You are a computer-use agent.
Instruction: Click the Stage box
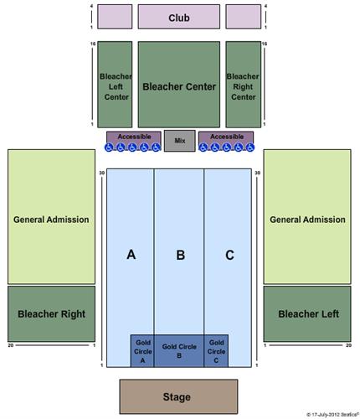[x=178, y=396]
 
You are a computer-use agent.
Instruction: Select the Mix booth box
[x=180, y=141]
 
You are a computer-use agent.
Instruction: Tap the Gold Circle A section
[x=142, y=351]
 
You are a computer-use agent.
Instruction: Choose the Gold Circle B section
[x=179, y=351]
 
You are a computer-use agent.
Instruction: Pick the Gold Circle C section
[x=216, y=351]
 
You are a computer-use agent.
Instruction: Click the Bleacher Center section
[x=179, y=85]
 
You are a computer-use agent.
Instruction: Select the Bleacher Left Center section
[x=115, y=85]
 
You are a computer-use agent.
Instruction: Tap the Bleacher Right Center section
[x=244, y=85]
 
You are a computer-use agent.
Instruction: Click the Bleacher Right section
[x=51, y=313]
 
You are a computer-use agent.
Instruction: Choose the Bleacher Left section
[x=307, y=313]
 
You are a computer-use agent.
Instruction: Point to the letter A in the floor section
[x=131, y=255]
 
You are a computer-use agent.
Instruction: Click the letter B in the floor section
[x=180, y=255]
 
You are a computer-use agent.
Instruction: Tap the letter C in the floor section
[x=229, y=255]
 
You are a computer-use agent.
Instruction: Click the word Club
[x=179, y=18]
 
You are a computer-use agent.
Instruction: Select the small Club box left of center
[x=115, y=17]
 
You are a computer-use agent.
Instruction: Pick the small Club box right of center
[x=244, y=17]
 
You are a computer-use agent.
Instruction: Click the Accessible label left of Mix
[x=134, y=137]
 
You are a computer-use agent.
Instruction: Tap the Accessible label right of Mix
[x=227, y=137]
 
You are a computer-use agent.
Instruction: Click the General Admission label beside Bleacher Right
[x=51, y=220]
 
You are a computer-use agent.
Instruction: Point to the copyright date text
[x=332, y=415]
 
